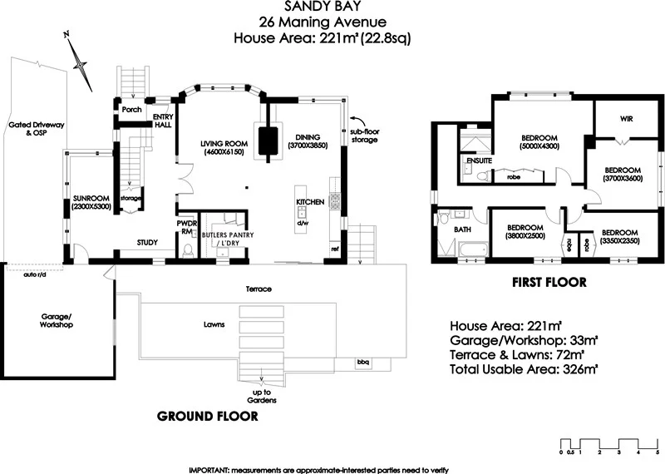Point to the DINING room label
tap(308, 141)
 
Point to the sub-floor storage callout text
tap(364, 135)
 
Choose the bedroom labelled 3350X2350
tap(619, 236)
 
